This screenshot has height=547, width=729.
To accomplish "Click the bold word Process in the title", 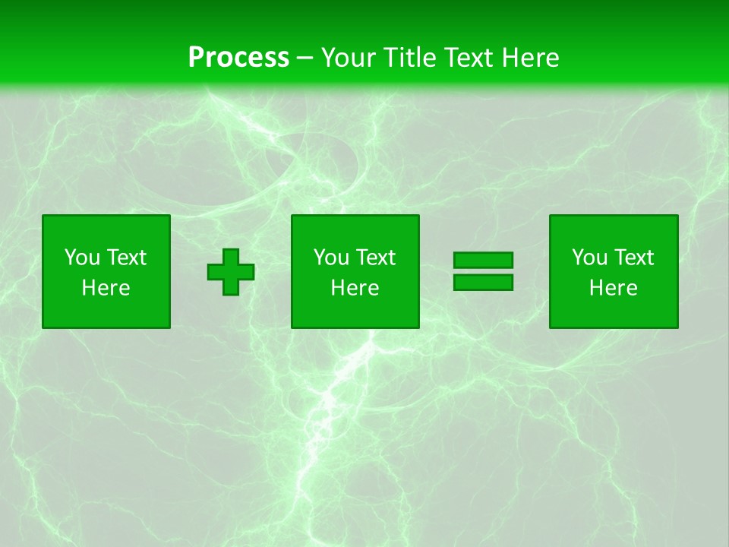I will [x=238, y=57].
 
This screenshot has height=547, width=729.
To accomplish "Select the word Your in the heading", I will [x=347, y=57].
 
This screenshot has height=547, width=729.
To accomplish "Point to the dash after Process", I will [x=305, y=58].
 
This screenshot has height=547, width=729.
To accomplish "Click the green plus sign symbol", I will [x=232, y=272].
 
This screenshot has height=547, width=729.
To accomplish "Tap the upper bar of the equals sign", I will [x=483, y=261].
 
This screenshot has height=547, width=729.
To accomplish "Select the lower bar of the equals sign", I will [x=483, y=283].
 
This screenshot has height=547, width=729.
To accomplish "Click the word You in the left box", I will [x=82, y=258].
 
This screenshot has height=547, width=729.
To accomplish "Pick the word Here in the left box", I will [x=106, y=288].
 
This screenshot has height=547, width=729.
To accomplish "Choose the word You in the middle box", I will [x=331, y=258].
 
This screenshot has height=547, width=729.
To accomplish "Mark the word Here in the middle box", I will [x=355, y=288].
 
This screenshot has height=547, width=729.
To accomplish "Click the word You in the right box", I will [x=589, y=258].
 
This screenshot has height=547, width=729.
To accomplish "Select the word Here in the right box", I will [x=614, y=288].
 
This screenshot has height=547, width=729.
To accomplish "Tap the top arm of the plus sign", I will [x=232, y=257].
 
